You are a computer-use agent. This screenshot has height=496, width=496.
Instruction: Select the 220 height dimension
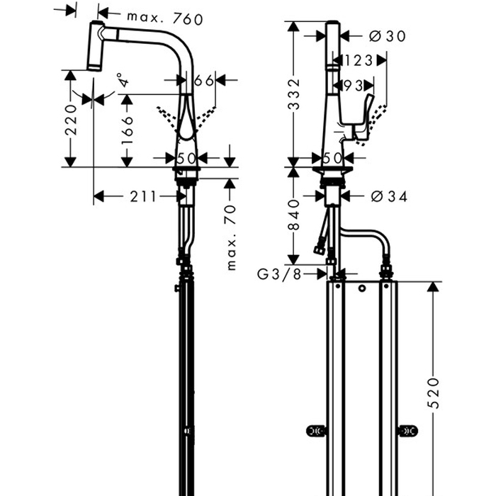70,123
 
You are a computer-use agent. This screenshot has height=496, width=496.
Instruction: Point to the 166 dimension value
128,132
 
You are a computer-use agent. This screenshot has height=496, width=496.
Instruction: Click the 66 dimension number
203,81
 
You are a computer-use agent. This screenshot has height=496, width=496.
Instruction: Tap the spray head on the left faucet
96,46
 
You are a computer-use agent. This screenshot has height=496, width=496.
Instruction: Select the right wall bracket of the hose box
407,430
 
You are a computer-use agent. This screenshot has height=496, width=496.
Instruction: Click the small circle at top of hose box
362,289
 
